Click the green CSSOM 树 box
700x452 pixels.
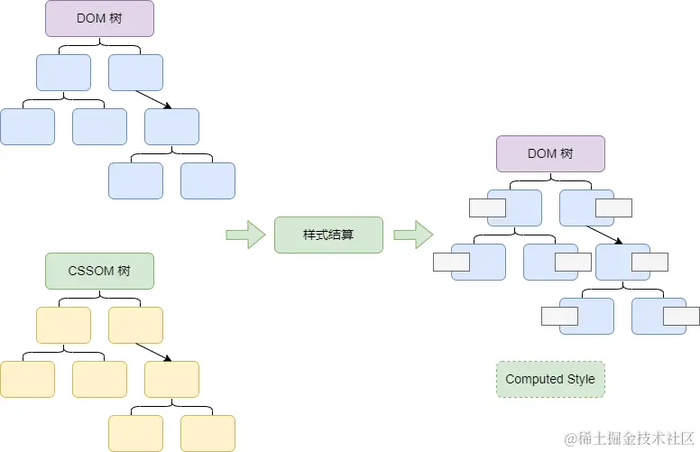coord(99,271)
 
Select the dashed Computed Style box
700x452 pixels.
coord(550,379)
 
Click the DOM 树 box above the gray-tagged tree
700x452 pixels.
coord(550,153)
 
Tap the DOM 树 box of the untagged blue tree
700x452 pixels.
coord(99,18)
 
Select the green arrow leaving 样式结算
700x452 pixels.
coord(412,235)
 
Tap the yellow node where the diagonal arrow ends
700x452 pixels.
coord(171,379)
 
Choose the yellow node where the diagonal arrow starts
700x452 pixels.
coord(135,325)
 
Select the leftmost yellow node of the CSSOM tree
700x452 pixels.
coord(27,379)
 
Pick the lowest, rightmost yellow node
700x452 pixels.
coord(207,433)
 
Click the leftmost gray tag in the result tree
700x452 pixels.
coord(452,262)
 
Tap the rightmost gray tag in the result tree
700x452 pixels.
coord(681,316)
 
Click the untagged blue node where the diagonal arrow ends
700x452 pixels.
coord(171,126)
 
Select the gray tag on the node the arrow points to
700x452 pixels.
coord(649,262)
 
